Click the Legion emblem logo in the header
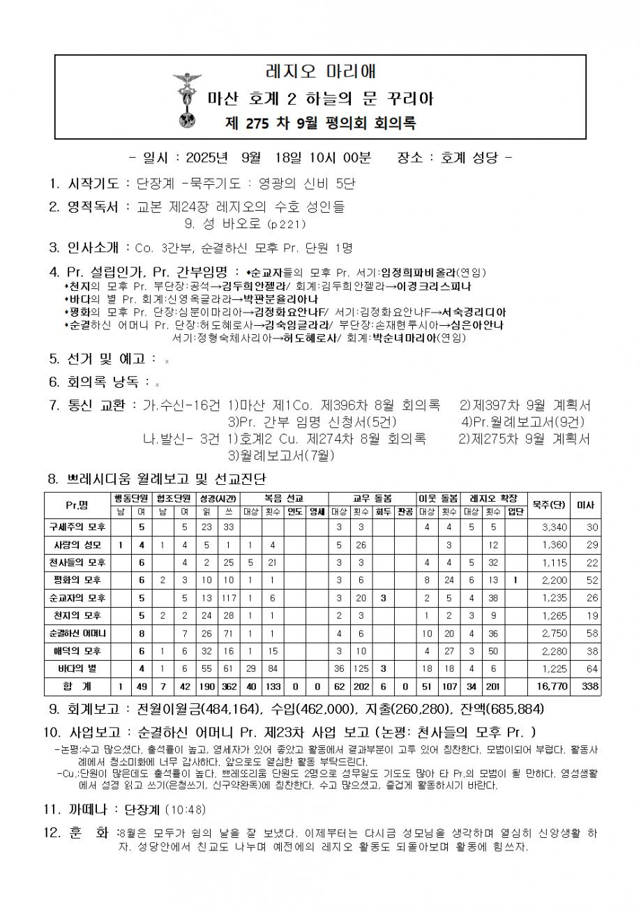tap(186, 101)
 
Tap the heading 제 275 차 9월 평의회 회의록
tap(321, 123)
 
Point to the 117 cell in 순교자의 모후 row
tap(226, 597)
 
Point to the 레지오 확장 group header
tap(493, 498)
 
